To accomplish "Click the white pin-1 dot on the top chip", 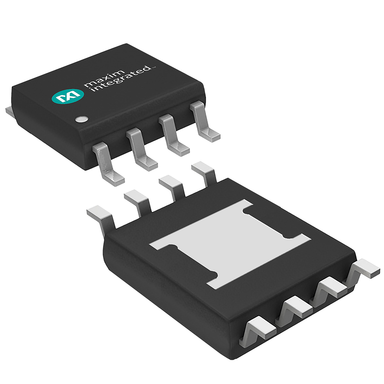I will click(81, 119).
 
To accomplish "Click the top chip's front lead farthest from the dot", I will click(204, 122).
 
